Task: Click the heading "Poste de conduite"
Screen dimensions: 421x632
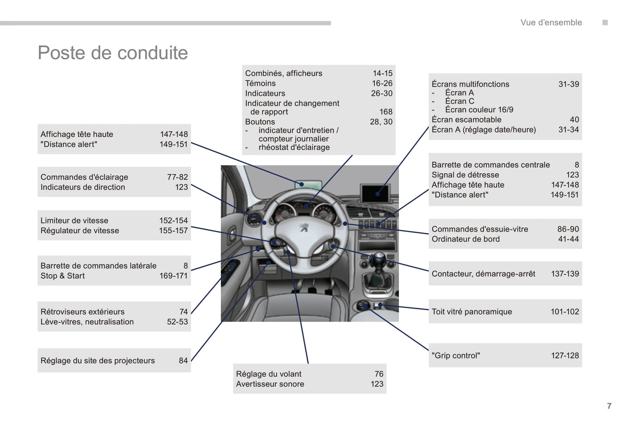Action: (113, 53)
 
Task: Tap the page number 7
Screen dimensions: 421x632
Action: (609, 406)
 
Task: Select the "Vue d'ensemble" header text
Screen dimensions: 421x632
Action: (551, 22)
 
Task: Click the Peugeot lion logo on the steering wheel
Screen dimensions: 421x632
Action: (303, 227)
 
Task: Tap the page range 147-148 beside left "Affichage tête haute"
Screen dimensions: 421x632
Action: (174, 134)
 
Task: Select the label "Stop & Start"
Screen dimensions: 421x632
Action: (63, 276)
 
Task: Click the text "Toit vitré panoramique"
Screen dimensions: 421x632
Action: (471, 311)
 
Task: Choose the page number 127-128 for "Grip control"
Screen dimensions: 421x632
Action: (565, 355)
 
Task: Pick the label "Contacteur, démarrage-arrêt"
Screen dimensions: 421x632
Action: (483, 274)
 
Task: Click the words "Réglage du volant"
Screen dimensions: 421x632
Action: (269, 374)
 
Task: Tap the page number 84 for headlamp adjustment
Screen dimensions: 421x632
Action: (183, 360)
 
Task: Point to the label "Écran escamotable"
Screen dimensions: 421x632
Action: (466, 119)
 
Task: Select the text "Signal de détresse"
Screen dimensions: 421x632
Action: (465, 175)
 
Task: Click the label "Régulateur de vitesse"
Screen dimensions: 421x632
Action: (80, 231)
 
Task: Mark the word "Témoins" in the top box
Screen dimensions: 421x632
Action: (260, 83)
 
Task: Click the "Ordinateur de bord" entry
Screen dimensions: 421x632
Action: (465, 239)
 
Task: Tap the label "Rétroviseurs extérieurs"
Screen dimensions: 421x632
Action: (82, 311)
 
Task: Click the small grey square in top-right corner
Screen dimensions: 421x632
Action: (605, 22)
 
